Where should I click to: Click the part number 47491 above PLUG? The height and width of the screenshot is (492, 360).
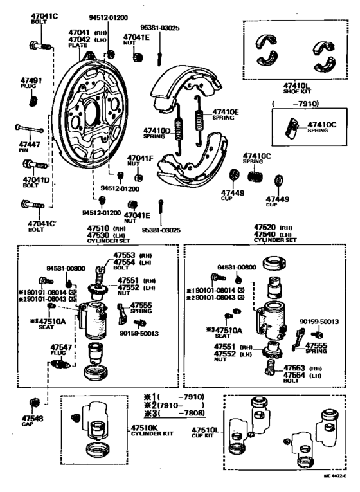tap(32, 81)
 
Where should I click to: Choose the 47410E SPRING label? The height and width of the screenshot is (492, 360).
tap(226, 114)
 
